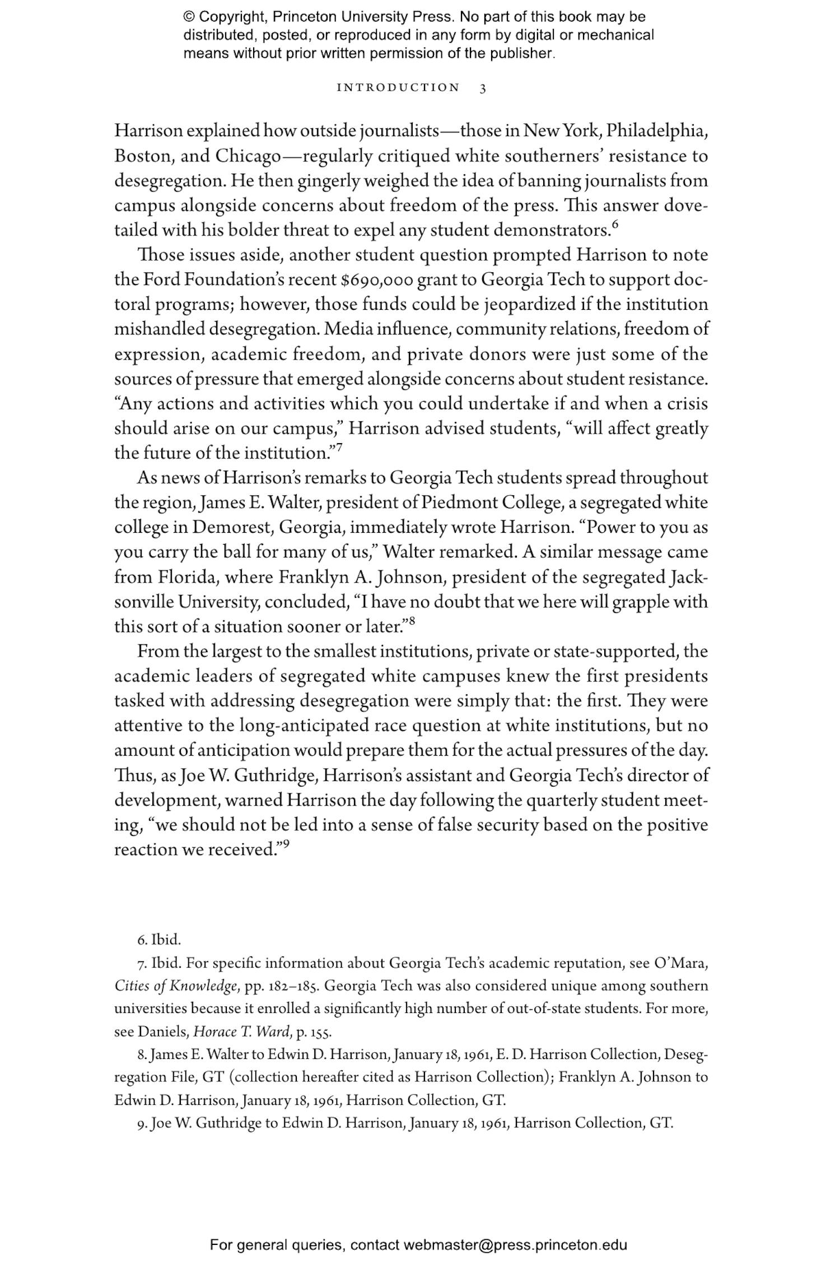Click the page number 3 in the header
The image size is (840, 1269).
tap(483, 88)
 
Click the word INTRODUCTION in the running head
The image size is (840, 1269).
tap(398, 88)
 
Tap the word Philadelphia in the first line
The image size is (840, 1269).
tap(657, 131)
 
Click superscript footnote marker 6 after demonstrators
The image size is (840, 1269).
tap(615, 225)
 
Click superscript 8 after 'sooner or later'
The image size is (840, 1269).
tap(412, 620)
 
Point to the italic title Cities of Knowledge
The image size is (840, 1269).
tap(177, 986)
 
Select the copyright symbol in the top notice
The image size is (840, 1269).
tap(189, 17)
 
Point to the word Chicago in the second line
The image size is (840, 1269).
tap(248, 156)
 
